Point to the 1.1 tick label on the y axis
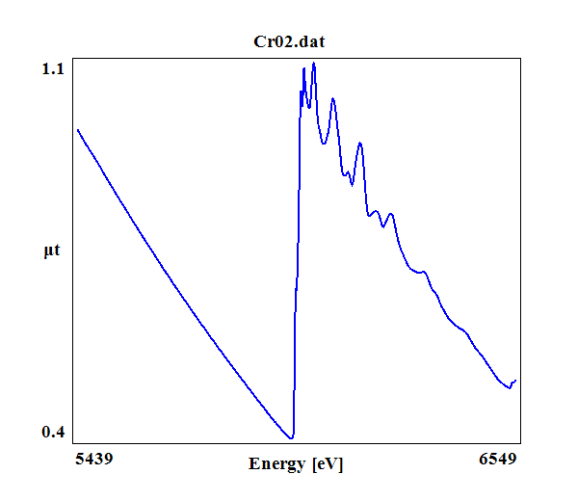(x=52, y=68)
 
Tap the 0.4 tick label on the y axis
(x=52, y=432)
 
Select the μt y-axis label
(x=52, y=251)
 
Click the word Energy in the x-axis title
(x=276, y=464)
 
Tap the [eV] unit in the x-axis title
(x=328, y=464)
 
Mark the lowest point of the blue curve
(x=291, y=438)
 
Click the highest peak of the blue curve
(x=314, y=64)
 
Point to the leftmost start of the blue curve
(x=78, y=129)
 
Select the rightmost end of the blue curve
(x=515, y=381)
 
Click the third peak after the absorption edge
(x=332, y=98)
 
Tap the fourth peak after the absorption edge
(x=359, y=144)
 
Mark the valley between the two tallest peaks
(x=308, y=106)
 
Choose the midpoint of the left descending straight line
(x=184, y=284)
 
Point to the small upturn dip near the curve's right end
(x=509, y=388)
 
